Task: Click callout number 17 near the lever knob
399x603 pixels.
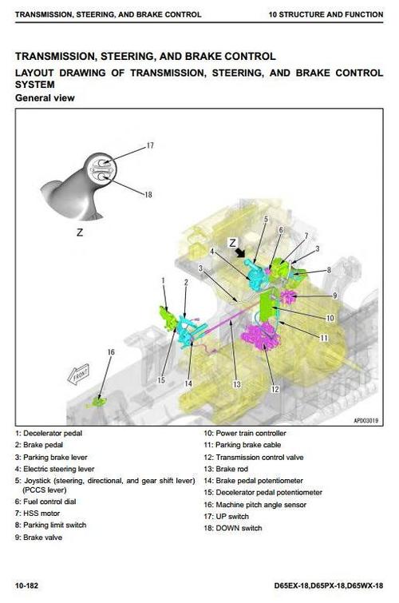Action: (x=150, y=145)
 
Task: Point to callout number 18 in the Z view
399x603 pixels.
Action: (x=148, y=195)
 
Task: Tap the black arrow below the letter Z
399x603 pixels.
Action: (x=241, y=252)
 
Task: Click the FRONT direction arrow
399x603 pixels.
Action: (x=78, y=374)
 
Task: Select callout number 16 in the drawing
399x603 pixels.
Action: (x=111, y=352)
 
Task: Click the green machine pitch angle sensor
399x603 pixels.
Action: (x=99, y=403)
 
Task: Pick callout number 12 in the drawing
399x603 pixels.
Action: (x=275, y=389)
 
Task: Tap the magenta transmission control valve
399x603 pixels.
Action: (x=260, y=336)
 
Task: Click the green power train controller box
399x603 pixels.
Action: (x=267, y=307)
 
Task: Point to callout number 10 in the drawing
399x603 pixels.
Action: (x=330, y=318)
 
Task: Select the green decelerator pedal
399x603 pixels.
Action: (x=168, y=317)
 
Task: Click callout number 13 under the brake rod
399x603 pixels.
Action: (x=237, y=384)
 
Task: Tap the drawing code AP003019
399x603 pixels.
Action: (x=365, y=420)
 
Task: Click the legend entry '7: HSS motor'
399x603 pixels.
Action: (x=38, y=513)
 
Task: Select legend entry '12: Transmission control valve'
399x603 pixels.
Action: (x=254, y=458)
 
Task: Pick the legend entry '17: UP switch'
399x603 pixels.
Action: (x=227, y=516)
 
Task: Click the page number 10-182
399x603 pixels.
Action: (x=26, y=585)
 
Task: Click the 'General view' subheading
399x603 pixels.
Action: (x=45, y=98)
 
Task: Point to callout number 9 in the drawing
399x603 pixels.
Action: (x=335, y=296)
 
